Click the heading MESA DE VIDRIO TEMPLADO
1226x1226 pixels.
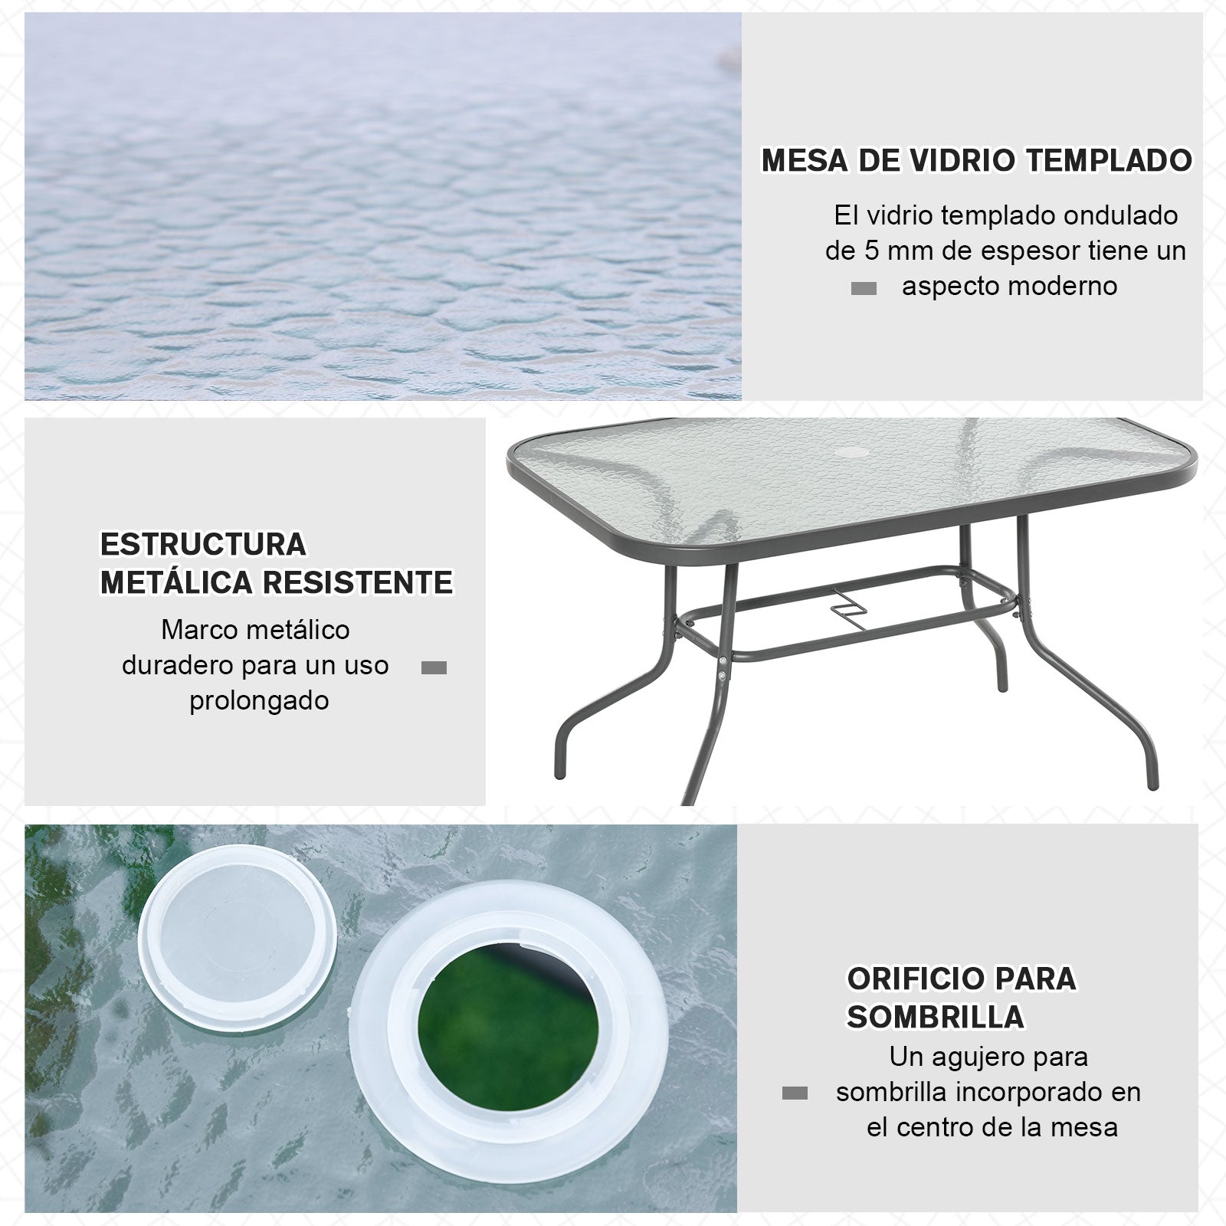(976, 160)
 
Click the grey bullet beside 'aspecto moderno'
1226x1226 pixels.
(864, 289)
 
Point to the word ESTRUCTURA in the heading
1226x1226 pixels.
(203, 545)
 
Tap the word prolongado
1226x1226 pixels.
(259, 700)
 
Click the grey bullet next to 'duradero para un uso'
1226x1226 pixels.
(434, 668)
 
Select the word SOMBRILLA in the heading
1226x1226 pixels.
(935, 1017)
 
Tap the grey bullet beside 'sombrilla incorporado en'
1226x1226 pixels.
(795, 1093)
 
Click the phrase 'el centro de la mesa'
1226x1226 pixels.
(992, 1127)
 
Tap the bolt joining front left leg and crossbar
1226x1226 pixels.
(723, 659)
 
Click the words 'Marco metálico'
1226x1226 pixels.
(255, 630)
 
